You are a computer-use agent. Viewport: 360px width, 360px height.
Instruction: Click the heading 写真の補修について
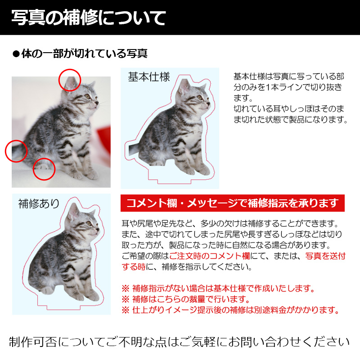89,18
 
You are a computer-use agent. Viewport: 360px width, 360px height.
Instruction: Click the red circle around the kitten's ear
70,80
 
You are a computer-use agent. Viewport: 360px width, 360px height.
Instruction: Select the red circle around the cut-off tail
16,151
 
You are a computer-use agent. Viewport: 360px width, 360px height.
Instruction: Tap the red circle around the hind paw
44,169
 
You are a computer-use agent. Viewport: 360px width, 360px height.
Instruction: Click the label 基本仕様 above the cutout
149,77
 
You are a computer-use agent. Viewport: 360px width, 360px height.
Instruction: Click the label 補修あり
39,203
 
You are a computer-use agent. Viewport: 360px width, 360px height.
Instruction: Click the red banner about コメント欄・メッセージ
232,203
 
